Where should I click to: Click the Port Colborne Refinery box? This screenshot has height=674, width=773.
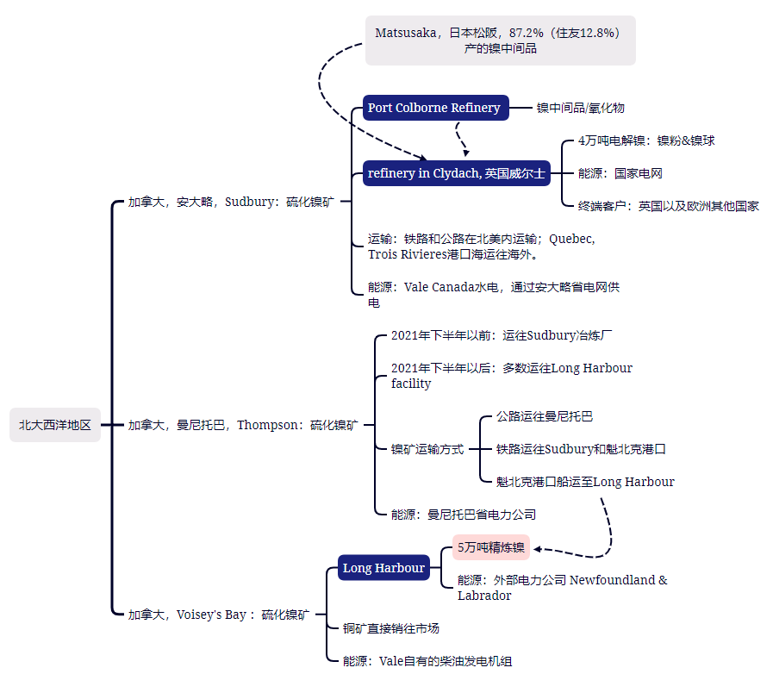click(436, 108)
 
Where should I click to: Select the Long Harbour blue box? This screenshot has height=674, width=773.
click(383, 567)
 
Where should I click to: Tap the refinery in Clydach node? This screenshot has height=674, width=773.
click(457, 173)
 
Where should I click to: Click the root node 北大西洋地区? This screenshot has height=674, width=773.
click(54, 425)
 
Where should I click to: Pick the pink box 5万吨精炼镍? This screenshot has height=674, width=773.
click(491, 547)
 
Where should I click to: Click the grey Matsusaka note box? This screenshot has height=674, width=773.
click(501, 41)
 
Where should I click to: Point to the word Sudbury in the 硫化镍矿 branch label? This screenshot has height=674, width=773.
click(249, 202)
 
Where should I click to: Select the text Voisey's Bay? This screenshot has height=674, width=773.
click(211, 615)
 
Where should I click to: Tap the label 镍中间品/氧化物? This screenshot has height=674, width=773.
click(581, 108)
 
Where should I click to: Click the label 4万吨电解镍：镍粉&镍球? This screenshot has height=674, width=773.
click(646, 140)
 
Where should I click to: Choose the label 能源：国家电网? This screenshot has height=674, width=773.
click(620, 173)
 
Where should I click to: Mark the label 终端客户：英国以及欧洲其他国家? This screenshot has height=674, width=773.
click(669, 206)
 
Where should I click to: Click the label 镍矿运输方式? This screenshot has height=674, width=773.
click(427, 449)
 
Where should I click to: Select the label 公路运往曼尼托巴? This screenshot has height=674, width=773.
click(545, 416)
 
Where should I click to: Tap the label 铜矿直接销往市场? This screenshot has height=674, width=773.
click(391, 628)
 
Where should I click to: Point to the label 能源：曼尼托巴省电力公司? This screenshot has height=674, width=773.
click(464, 515)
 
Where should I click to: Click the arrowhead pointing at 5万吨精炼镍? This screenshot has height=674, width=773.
click(538, 549)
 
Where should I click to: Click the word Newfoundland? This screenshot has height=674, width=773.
click(613, 580)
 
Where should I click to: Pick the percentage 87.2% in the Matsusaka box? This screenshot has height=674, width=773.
click(526, 33)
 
